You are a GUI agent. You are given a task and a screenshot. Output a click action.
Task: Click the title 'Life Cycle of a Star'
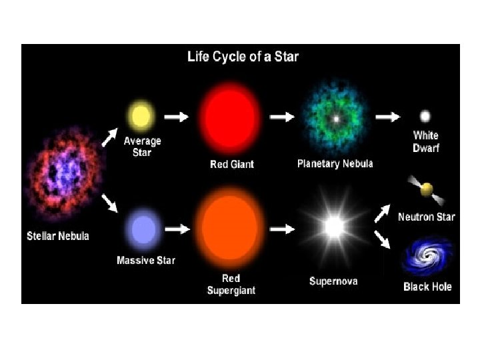coord(243,57)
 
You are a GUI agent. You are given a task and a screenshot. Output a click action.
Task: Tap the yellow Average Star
coord(141,116)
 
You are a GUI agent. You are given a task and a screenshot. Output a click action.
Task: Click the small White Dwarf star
coord(425,116)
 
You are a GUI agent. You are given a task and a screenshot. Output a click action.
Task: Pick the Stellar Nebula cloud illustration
coord(65,173)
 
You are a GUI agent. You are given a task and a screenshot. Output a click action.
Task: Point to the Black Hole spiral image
coord(426,258)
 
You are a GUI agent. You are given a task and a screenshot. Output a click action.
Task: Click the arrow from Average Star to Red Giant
coord(177,117)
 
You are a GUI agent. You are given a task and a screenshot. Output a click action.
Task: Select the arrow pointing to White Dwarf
coord(387,117)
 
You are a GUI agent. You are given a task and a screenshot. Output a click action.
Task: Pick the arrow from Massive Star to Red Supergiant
coord(177,229)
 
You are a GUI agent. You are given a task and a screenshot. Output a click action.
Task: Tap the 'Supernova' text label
coord(333,281)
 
